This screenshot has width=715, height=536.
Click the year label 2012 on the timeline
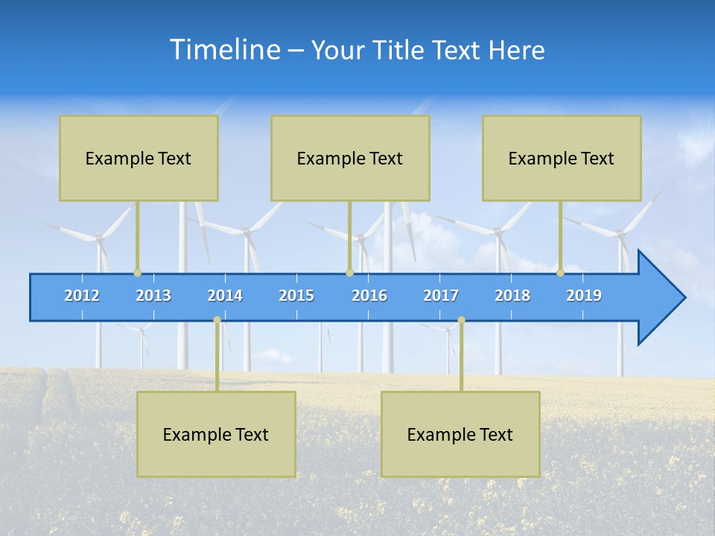(x=82, y=296)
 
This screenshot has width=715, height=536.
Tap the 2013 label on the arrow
(x=153, y=296)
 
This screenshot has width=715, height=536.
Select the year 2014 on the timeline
(x=225, y=296)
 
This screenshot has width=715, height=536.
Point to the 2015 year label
(x=296, y=296)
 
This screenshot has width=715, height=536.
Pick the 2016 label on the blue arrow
(x=369, y=296)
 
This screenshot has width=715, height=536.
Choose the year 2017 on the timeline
(x=441, y=296)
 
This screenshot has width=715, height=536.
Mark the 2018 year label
(x=512, y=296)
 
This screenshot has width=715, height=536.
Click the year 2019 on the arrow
(x=584, y=296)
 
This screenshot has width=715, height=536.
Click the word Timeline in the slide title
(x=224, y=50)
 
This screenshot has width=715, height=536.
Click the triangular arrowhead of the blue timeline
(x=661, y=298)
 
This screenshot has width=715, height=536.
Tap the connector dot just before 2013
(x=137, y=272)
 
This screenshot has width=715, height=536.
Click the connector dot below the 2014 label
(x=217, y=320)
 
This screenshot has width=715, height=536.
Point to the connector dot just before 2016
(x=349, y=272)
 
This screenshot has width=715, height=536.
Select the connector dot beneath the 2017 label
(x=461, y=320)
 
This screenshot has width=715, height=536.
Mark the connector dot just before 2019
(x=560, y=272)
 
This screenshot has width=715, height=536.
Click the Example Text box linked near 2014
(x=216, y=434)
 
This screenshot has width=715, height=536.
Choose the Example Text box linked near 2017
(x=460, y=434)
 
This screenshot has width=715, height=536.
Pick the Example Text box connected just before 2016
(x=350, y=158)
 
